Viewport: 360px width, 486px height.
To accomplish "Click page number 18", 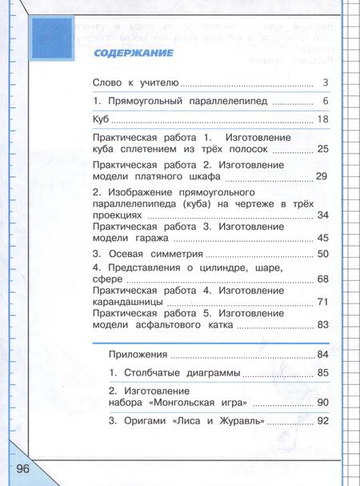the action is coord(322,120).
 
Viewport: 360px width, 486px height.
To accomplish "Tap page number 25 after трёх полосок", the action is coord(322,150).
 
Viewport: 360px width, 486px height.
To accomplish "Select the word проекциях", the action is coord(120,215).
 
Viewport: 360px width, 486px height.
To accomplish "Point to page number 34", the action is coord(322,215).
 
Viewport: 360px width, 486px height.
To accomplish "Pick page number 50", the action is coord(322,255).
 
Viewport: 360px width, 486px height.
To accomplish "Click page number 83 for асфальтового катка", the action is coord(322,325).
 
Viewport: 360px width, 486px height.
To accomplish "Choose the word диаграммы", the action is coord(207,372).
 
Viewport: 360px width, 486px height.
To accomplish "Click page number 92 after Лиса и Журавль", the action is coord(322,420).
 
